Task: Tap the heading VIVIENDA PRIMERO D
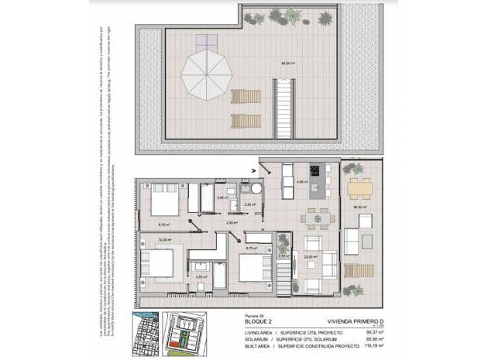[x=335, y=318]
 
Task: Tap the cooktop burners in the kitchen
[x=316, y=172]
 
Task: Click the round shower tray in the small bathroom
[x=254, y=194]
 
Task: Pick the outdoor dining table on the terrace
[x=359, y=187]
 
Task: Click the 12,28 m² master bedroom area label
[x=163, y=240]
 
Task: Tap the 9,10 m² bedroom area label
[x=163, y=225]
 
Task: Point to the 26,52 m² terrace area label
[x=358, y=207]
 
